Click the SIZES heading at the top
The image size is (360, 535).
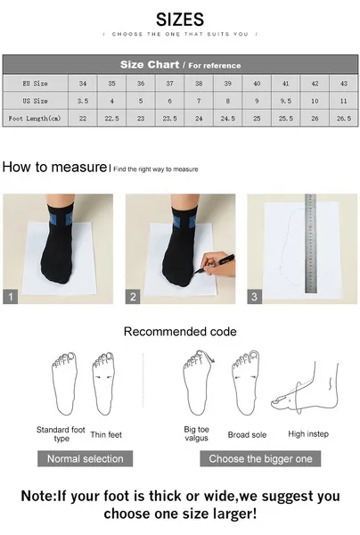click(x=180, y=20)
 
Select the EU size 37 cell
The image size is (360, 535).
click(x=170, y=83)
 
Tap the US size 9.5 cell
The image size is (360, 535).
click(x=286, y=101)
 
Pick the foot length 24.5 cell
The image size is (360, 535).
click(x=228, y=119)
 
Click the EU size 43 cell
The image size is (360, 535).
click(x=344, y=83)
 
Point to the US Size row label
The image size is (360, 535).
click(x=35, y=101)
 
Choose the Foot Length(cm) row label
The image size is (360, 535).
click(x=35, y=119)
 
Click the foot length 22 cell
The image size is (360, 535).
click(x=83, y=119)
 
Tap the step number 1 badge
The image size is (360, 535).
click(x=10, y=297)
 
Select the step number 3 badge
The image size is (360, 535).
click(x=254, y=297)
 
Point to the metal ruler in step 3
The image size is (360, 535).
click(x=311, y=243)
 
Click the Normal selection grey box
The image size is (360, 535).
click(x=86, y=458)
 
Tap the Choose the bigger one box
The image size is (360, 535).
click(x=260, y=458)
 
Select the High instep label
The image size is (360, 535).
click(x=308, y=434)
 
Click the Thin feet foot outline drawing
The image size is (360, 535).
click(x=103, y=383)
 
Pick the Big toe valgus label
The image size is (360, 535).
click(x=196, y=433)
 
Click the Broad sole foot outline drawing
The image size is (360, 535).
click(x=245, y=383)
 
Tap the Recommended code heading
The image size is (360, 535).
click(x=180, y=332)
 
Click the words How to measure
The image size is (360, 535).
click(x=54, y=167)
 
